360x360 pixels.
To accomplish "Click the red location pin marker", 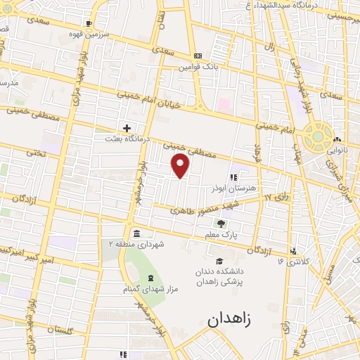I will coord(181,165).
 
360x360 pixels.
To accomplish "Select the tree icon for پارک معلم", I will coord(221,224).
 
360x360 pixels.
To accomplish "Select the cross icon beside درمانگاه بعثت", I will coord(127,129).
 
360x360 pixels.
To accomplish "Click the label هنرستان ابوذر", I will coord(225,188).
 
